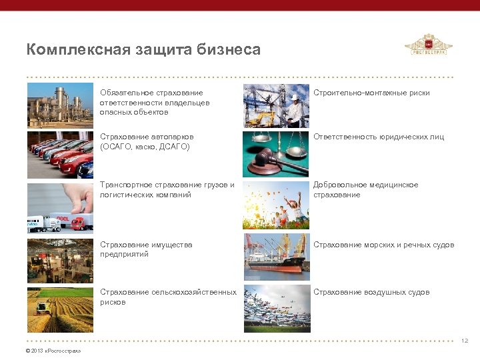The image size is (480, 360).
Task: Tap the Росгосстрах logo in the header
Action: pyautogui.click(x=428, y=47)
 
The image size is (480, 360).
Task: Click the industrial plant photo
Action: pyautogui.click(x=61, y=105)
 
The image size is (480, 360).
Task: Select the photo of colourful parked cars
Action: pyautogui.click(x=61, y=154)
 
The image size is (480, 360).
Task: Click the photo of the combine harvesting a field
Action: pyautogui.click(x=61, y=309)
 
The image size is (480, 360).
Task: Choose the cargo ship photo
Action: pyautogui.click(x=276, y=257)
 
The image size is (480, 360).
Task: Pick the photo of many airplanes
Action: pyautogui.click(x=276, y=309)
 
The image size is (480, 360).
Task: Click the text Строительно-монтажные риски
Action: pyautogui.click(x=371, y=93)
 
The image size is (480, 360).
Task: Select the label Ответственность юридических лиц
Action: pyautogui.click(x=378, y=137)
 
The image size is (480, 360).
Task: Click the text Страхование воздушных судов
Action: pyautogui.click(x=371, y=292)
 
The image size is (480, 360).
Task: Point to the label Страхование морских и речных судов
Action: pyautogui.click(x=383, y=245)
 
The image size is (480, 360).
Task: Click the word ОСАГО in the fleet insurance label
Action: pyautogui.click(x=116, y=147)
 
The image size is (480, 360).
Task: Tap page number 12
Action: pyautogui.click(x=464, y=341)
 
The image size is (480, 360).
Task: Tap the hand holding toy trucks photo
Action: pyautogui.click(x=61, y=207)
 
